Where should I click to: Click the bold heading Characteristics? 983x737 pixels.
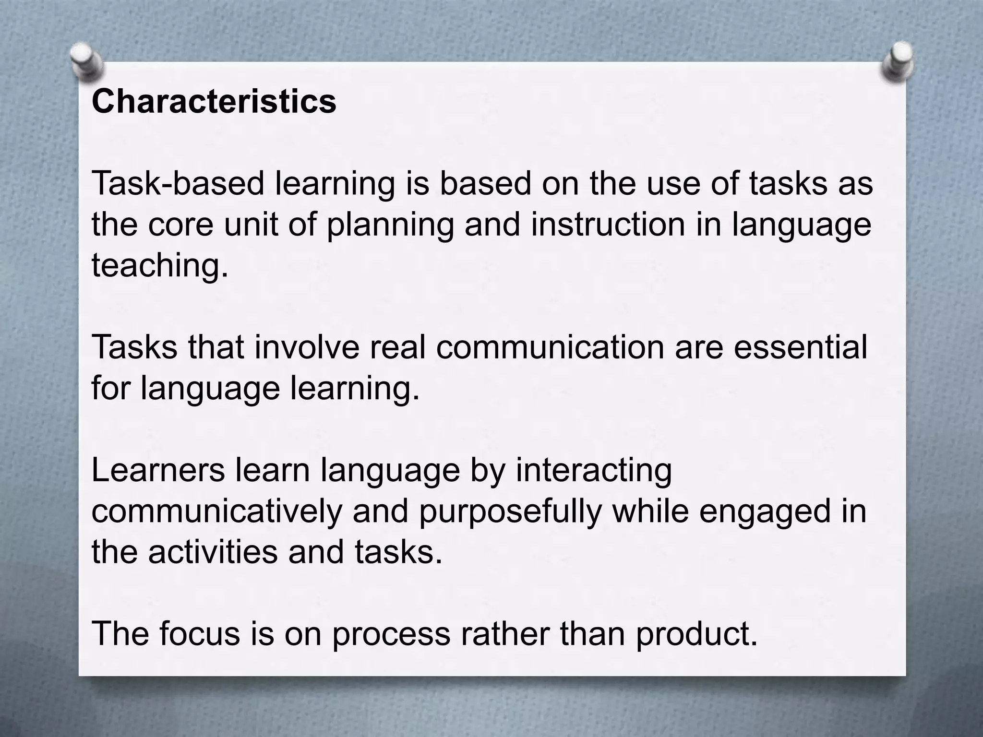coord(214,102)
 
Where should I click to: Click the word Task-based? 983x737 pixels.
coord(178,184)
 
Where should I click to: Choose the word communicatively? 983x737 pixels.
coord(216,511)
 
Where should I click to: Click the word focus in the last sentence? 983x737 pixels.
coord(199,634)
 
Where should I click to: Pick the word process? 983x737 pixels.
coord(391,634)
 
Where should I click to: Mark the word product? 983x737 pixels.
coord(696,634)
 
